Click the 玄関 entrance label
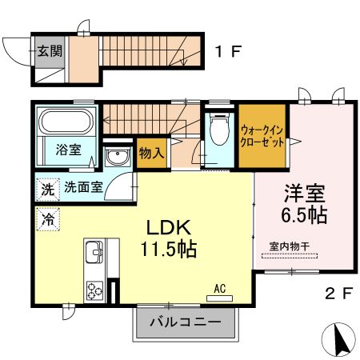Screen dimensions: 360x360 [50, 51]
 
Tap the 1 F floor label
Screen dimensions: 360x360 [229, 51]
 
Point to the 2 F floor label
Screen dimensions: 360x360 [339, 294]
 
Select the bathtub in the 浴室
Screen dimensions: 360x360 [66, 122]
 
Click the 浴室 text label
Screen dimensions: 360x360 [69, 150]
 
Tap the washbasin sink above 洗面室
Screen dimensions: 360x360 [118, 156]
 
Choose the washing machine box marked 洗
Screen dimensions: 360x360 [48, 190]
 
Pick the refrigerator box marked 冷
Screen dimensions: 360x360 [48, 219]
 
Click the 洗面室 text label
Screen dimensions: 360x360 [83, 187]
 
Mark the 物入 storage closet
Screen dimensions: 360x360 [152, 153]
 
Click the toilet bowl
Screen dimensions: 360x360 [219, 129]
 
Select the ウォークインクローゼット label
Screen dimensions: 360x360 [262, 137]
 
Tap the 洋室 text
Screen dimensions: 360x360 [305, 194]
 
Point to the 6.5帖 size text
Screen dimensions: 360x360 [304, 215]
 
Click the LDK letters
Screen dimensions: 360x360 [169, 227]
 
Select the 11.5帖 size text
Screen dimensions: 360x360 [169, 249]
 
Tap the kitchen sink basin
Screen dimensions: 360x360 [94, 252]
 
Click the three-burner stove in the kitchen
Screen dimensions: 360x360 [94, 290]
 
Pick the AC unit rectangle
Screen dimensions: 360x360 [219, 298]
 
